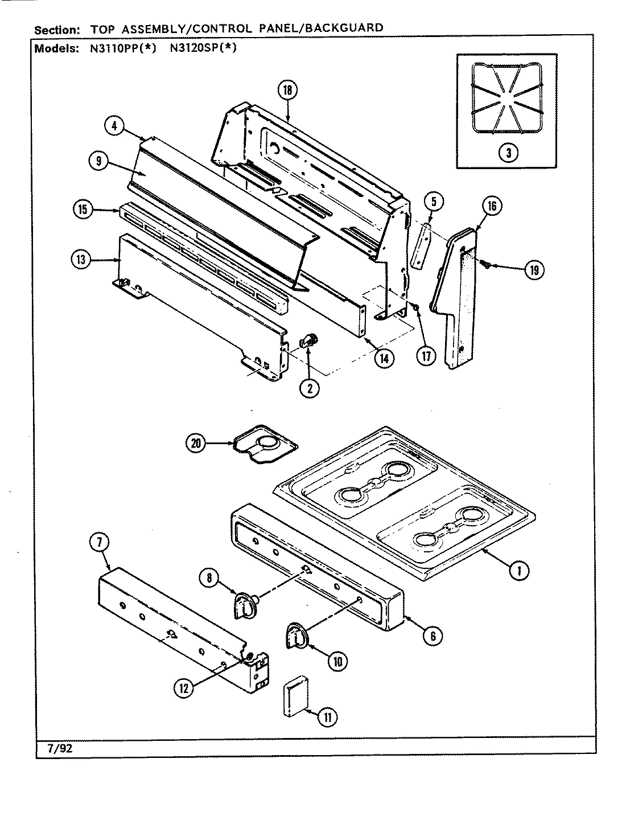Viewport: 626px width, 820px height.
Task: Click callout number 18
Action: click(288, 91)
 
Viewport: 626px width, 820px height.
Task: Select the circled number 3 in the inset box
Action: click(508, 152)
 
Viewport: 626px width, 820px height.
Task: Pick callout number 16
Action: click(492, 207)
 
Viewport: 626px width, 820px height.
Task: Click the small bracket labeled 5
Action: click(420, 245)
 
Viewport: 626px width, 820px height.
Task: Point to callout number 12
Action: click(183, 687)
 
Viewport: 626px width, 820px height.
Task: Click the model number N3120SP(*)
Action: click(203, 48)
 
